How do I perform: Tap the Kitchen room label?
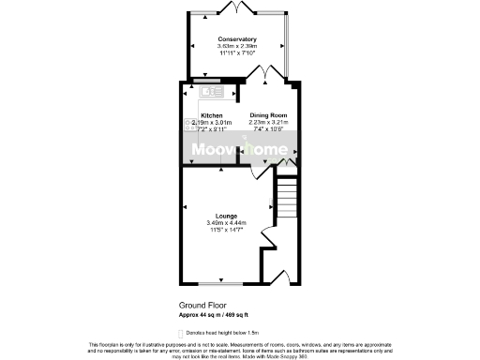click(x=211, y=114)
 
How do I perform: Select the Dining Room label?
click(x=268, y=114)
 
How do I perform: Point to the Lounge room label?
click(x=224, y=215)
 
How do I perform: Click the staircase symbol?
click(x=286, y=199)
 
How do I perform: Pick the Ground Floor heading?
click(x=202, y=306)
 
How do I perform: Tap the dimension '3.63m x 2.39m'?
click(x=236, y=46)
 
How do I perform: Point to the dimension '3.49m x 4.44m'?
click(x=225, y=222)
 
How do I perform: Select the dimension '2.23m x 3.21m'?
click(x=268, y=122)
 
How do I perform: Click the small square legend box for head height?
click(x=181, y=333)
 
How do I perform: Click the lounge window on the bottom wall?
click(x=222, y=282)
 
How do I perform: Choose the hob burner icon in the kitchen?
click(x=187, y=123)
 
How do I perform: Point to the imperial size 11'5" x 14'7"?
click(x=225, y=229)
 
